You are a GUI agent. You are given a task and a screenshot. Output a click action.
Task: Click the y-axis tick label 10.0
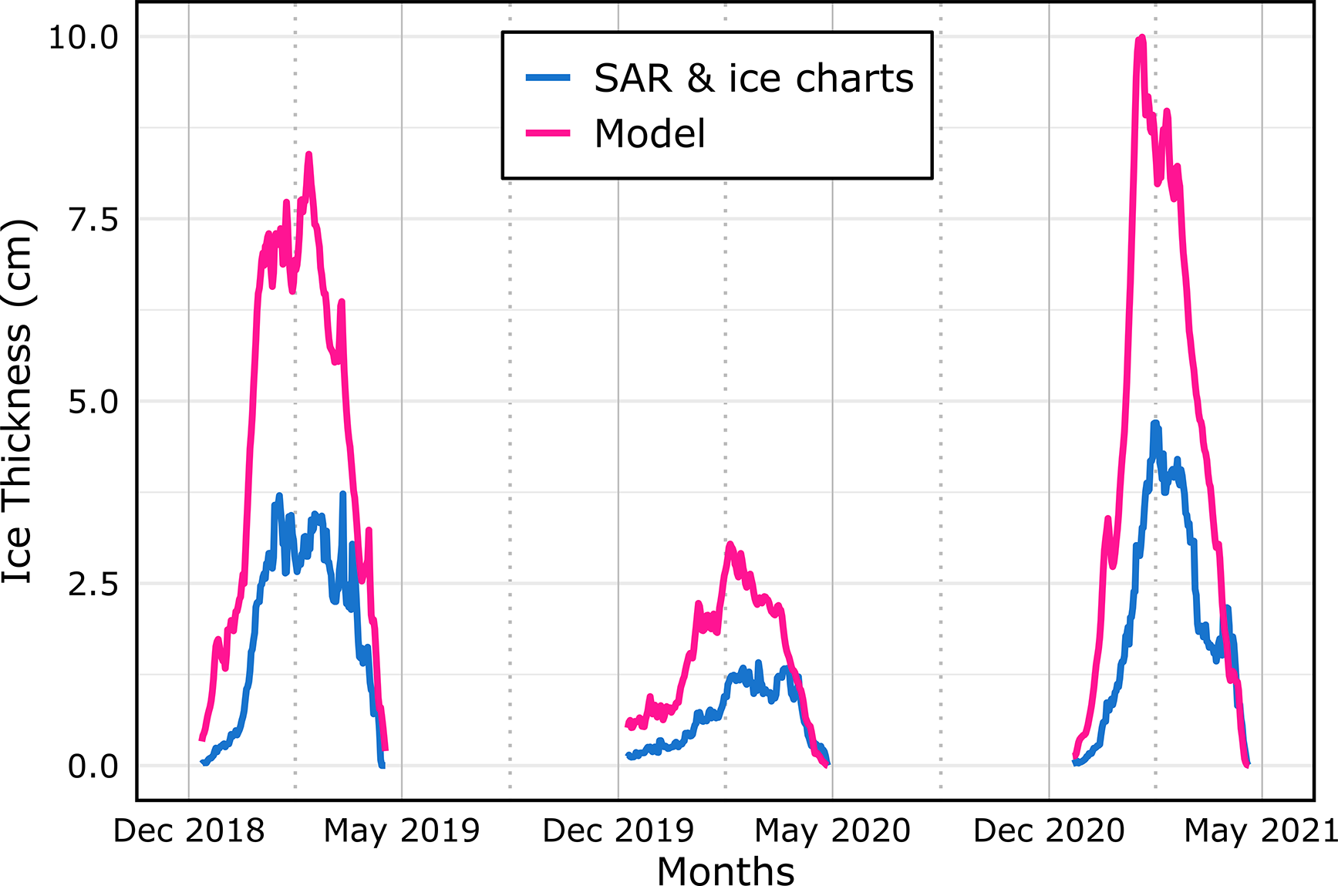83,37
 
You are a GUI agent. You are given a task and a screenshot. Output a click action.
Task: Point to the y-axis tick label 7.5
93,220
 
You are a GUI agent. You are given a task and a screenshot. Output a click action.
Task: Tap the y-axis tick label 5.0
93,402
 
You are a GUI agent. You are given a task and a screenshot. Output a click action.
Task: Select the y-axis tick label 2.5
93,584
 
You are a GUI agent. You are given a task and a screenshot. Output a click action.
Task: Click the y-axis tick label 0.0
93,766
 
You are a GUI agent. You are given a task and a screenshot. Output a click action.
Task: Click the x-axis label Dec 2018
189,831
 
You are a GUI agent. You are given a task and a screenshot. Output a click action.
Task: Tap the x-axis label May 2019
402,831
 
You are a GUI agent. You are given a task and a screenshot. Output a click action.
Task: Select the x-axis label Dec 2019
618,831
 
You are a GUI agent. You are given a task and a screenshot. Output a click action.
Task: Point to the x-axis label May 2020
833,831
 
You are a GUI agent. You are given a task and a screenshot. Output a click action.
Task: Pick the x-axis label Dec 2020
1049,831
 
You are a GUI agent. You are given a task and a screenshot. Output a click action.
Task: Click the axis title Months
726,871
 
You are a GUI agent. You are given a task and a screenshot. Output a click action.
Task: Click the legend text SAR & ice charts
753,79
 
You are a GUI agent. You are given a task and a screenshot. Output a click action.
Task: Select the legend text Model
650,133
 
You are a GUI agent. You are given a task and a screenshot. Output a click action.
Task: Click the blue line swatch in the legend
548,78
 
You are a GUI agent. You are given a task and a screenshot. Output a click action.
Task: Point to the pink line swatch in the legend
548,133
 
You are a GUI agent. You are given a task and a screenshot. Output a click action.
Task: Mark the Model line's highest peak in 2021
1141,37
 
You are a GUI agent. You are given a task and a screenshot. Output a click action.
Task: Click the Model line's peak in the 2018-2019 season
308,154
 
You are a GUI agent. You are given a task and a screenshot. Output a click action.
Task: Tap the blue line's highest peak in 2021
1154,423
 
